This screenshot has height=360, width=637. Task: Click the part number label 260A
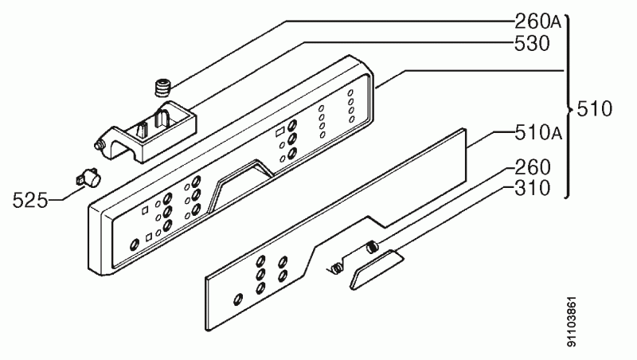click(538, 22)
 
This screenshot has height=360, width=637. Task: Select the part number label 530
click(532, 44)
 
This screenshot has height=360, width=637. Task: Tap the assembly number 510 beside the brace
click(594, 109)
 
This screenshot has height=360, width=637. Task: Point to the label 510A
click(538, 132)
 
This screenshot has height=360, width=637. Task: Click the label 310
click(532, 188)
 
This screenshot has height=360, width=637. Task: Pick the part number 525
click(30, 201)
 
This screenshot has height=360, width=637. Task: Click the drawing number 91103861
click(571, 323)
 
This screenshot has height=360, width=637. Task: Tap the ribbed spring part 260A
click(162, 88)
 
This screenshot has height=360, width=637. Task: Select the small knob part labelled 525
click(89, 178)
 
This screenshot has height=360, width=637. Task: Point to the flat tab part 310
click(375, 269)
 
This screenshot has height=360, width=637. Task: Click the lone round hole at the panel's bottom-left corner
click(134, 245)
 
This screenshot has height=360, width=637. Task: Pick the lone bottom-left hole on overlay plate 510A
click(238, 299)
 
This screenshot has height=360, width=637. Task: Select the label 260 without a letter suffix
click(532, 167)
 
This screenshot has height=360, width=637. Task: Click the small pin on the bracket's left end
click(97, 146)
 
